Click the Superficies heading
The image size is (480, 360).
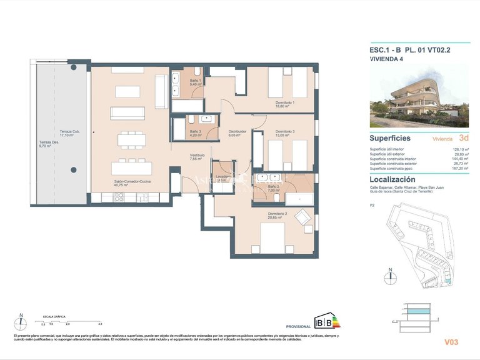(x=390, y=138)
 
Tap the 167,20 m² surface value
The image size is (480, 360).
(x=461, y=169)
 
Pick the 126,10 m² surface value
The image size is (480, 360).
(x=461, y=149)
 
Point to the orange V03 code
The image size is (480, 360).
(x=451, y=342)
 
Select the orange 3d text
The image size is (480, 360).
(x=464, y=138)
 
